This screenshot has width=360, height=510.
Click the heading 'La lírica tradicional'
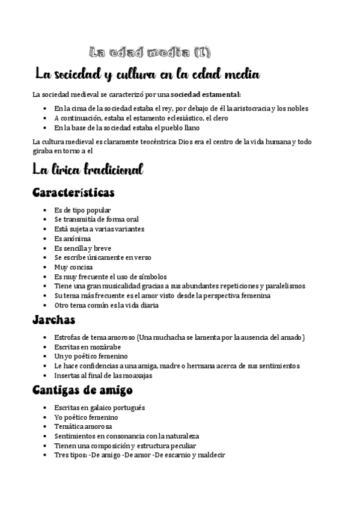pos(88,170)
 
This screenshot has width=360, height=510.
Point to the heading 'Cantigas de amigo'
pos(82,390)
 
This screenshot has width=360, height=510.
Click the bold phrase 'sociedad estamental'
pos(205,94)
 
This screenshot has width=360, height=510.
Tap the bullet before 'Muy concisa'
pos(47,267)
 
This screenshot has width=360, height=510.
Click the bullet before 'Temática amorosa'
pos(47,426)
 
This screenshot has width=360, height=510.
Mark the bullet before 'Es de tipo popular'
pos(47,210)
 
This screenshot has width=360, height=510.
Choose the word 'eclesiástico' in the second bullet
pos(180,118)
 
